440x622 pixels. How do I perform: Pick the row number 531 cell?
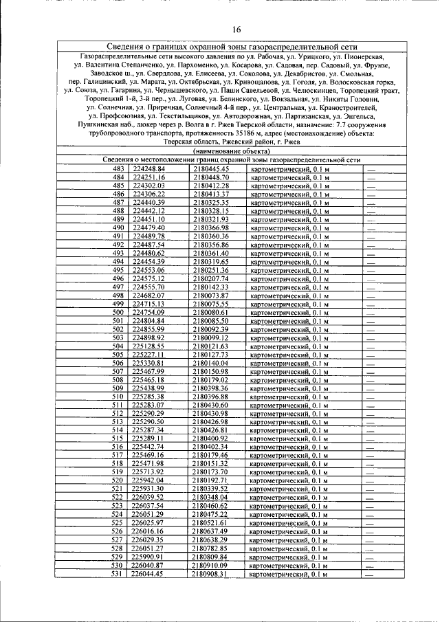118,574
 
